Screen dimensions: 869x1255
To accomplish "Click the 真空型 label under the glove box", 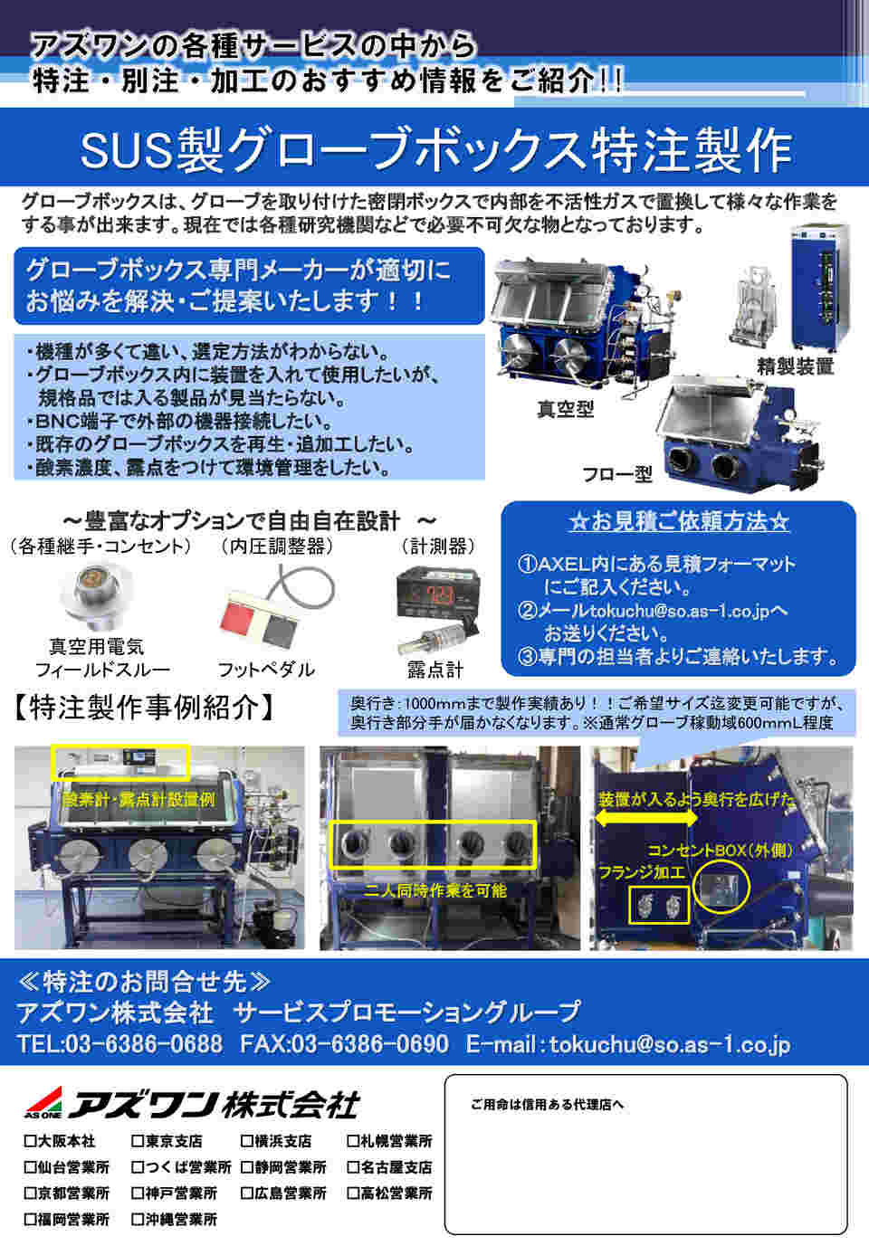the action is click(x=565, y=409).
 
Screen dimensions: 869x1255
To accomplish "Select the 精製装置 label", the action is click(x=795, y=366).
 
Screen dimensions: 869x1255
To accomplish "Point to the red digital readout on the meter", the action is click(x=439, y=595).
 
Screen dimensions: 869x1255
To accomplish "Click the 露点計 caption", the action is click(x=435, y=670).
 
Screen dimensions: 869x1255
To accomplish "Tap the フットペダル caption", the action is click(x=266, y=670).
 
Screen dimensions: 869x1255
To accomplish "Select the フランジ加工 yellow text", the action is click(x=642, y=871).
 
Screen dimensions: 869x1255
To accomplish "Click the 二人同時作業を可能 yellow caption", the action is click(x=435, y=890).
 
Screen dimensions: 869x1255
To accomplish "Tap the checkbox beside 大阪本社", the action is click(x=30, y=1141).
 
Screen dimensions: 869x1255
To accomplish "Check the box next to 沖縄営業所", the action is click(x=138, y=1219).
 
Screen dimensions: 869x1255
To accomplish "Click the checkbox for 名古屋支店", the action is click(x=353, y=1167).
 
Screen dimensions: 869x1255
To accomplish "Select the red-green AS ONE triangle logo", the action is click(x=43, y=1102).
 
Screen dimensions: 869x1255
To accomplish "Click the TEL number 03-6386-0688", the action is click(x=144, y=1044).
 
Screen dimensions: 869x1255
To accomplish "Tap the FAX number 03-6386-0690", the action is click(x=370, y=1044).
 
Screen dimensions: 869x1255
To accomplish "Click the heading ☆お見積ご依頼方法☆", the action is click(x=679, y=521).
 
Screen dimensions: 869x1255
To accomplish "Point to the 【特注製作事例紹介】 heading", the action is click(x=143, y=708).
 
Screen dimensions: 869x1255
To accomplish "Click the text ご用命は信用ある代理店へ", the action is click(x=547, y=1104).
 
